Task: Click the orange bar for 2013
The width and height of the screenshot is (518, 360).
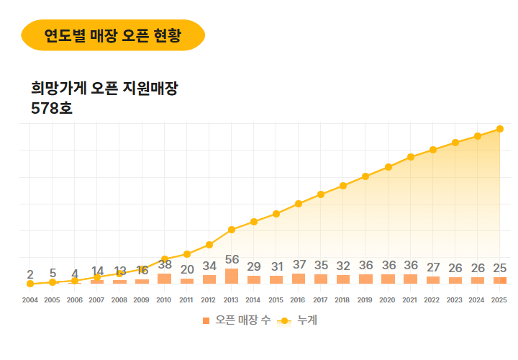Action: click(x=231, y=276)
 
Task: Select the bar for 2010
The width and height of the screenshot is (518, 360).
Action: click(x=164, y=279)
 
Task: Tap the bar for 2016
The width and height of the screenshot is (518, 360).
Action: click(x=298, y=279)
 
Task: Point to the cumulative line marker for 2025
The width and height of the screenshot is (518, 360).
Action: click(x=499, y=129)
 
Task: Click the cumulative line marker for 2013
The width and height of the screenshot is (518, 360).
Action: click(x=231, y=230)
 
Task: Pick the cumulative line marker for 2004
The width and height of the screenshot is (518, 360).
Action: click(x=30, y=284)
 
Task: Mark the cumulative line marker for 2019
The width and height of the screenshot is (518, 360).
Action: click(x=365, y=176)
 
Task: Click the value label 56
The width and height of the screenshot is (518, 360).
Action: click(x=232, y=260)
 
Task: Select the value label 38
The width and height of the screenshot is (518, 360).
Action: click(x=165, y=265)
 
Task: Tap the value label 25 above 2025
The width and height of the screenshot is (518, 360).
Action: click(x=499, y=269)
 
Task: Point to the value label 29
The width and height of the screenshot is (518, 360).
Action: click(x=254, y=267)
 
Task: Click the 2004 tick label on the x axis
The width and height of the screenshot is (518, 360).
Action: click(x=30, y=300)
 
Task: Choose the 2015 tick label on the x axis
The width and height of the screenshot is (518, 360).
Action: click(x=276, y=300)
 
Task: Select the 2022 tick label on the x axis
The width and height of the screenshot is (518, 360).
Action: click(x=432, y=300)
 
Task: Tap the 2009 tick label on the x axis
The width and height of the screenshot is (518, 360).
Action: click(x=142, y=300)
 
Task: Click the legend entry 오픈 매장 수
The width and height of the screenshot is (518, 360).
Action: click(x=237, y=320)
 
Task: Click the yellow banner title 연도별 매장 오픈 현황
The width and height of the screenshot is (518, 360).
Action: click(x=113, y=35)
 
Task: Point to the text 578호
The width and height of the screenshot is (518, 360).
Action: click(x=52, y=109)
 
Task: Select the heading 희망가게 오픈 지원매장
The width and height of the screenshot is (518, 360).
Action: click(x=104, y=89)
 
